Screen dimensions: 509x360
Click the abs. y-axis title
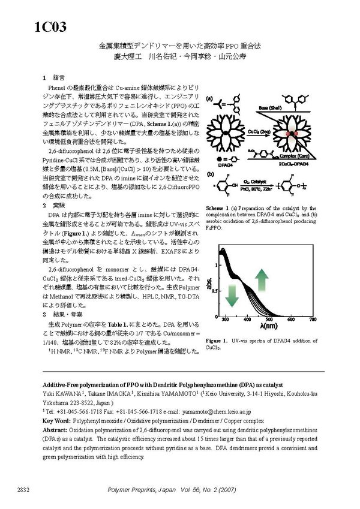(211, 285)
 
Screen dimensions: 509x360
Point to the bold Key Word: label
(58, 421)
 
